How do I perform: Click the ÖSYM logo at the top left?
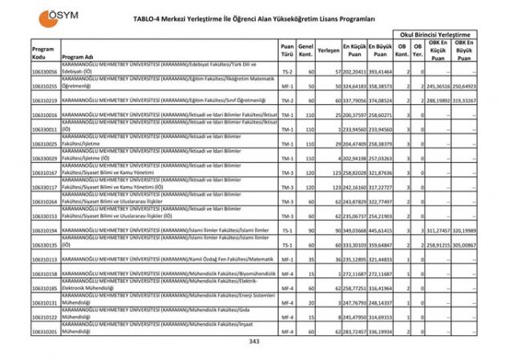[49, 17]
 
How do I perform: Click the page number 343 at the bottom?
[254, 343]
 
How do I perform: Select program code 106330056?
[45, 71]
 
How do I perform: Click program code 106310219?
[45, 101]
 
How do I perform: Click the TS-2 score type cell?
[287, 71]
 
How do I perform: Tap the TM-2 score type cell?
[287, 101]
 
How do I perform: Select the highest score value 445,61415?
[382, 230]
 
